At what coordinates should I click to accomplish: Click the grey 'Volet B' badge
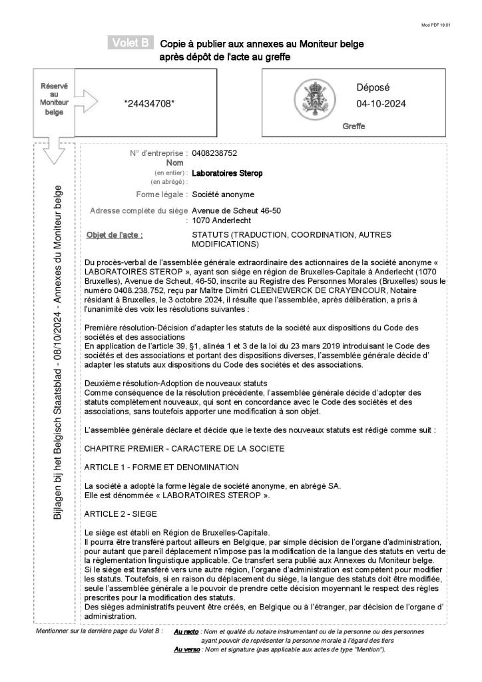130,44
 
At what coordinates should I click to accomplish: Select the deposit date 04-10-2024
381,104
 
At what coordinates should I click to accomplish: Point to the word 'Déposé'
373,87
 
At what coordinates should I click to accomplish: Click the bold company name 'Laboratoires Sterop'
227,173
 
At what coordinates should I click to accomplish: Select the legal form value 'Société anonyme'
223,194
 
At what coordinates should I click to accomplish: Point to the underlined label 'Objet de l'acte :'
115,235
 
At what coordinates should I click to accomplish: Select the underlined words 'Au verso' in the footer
184,649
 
